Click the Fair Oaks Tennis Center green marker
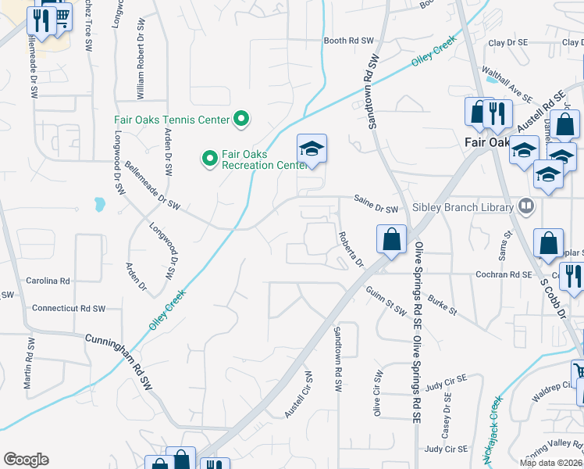point(242,120)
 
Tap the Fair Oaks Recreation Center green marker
point(209,159)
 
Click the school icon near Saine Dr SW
point(312,149)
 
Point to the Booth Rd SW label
point(350,41)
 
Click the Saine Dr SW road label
point(376,209)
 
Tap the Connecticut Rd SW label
point(68,309)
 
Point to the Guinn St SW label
point(386,301)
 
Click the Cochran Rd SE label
point(504,275)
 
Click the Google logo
point(26,460)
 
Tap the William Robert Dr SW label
point(141,72)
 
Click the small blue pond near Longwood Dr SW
point(99,205)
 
